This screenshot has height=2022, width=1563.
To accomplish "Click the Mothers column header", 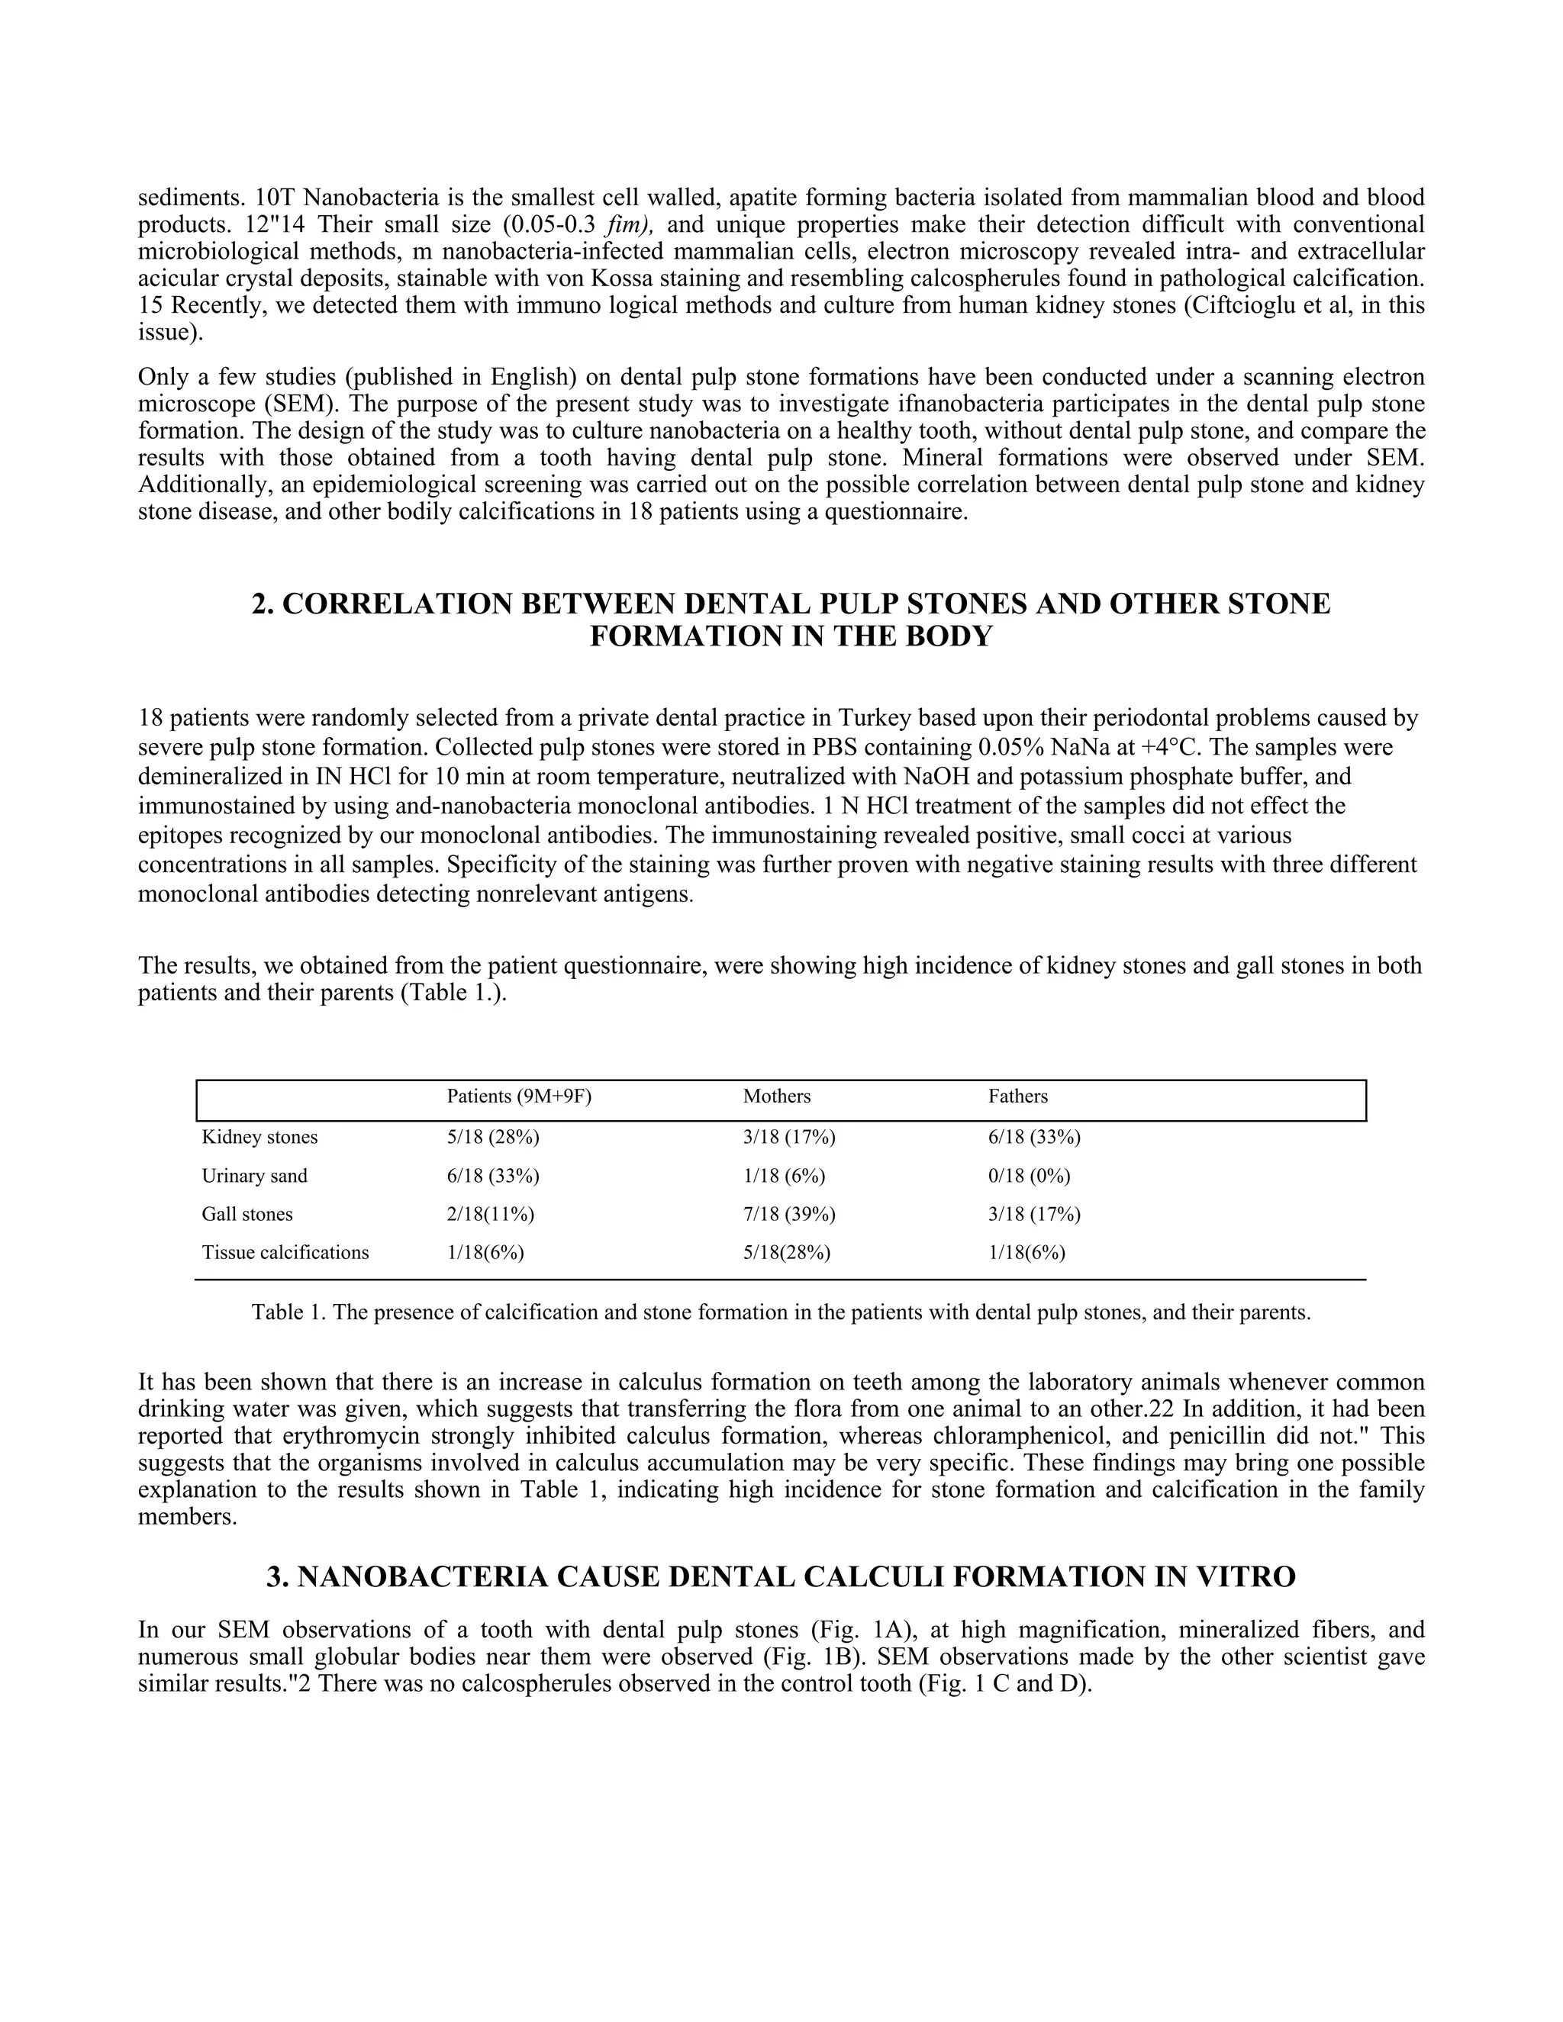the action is coord(776,1096).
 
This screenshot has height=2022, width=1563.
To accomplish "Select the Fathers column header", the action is coord(1017,1096).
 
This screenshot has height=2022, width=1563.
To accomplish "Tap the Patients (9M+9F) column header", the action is coord(518,1096).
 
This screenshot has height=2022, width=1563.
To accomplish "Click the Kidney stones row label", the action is coord(259,1137).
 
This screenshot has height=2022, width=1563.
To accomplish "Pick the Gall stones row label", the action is coord(247,1214).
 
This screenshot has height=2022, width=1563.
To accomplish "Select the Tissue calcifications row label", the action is coord(285,1253).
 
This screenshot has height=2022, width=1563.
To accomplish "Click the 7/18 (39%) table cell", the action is coord(789,1214).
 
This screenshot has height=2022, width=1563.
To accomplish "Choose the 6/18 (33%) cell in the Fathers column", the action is coord(1034,1137).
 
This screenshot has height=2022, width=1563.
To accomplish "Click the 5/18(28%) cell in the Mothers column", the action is coord(786,1253).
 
